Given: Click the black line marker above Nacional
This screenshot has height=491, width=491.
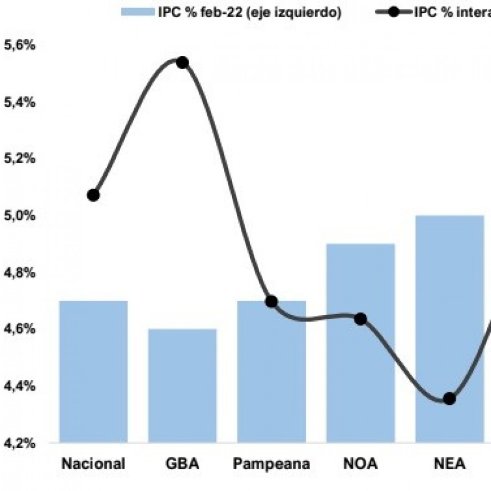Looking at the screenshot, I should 94,195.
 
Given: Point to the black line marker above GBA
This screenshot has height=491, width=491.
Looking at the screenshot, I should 182,62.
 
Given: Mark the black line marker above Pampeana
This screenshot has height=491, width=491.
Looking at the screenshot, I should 271,301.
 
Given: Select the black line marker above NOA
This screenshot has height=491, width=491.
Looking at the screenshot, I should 360,319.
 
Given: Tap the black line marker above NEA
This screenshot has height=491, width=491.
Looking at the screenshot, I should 449,399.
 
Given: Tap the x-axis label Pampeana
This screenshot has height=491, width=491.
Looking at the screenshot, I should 271,464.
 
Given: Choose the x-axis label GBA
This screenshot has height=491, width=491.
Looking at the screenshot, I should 182,464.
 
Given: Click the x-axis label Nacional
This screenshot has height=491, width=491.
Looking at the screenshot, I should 93,464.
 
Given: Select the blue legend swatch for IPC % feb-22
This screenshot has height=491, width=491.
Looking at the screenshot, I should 137,12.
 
